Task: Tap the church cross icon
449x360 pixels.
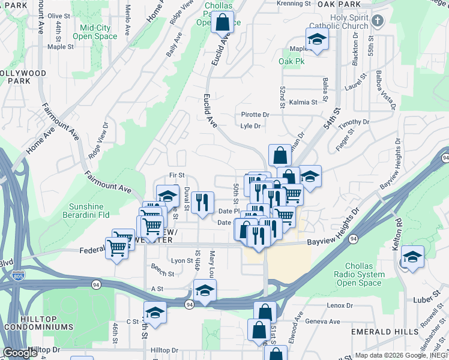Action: pos(378,22)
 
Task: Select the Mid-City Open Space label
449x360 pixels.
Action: pos(98,32)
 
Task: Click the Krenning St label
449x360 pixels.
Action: pos(294,3)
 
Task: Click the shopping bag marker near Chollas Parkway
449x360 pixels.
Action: pos(222,23)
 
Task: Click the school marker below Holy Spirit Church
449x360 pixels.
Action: pos(316,40)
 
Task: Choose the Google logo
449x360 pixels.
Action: pos(20,353)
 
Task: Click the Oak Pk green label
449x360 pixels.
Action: pos(292,61)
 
